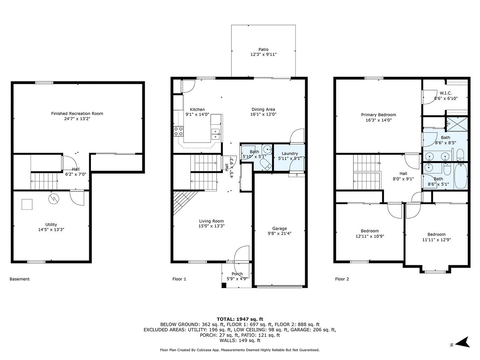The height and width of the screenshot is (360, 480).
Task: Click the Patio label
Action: [x=263, y=49]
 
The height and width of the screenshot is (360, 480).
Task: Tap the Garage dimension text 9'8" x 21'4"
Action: [x=280, y=234]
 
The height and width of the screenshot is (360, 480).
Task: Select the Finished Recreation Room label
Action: [x=77, y=114]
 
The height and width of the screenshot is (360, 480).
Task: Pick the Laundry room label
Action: [x=290, y=154]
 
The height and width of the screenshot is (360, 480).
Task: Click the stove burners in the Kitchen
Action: [x=178, y=131]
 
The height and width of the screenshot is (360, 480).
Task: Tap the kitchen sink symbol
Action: [x=216, y=134]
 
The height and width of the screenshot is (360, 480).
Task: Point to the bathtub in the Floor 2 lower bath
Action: [x=460, y=176]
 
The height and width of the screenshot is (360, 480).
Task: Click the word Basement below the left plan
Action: [x=20, y=279]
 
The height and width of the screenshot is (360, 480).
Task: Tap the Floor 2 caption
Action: [x=342, y=279]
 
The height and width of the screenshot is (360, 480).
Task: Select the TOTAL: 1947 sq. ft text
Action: [x=240, y=319]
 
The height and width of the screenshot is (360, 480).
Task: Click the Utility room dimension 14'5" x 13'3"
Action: [x=51, y=230]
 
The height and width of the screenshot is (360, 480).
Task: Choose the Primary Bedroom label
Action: [x=378, y=115]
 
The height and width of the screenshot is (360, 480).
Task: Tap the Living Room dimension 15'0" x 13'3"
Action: [x=212, y=226]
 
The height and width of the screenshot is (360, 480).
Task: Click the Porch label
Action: [x=237, y=274]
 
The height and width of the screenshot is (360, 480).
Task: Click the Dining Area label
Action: [x=263, y=109]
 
